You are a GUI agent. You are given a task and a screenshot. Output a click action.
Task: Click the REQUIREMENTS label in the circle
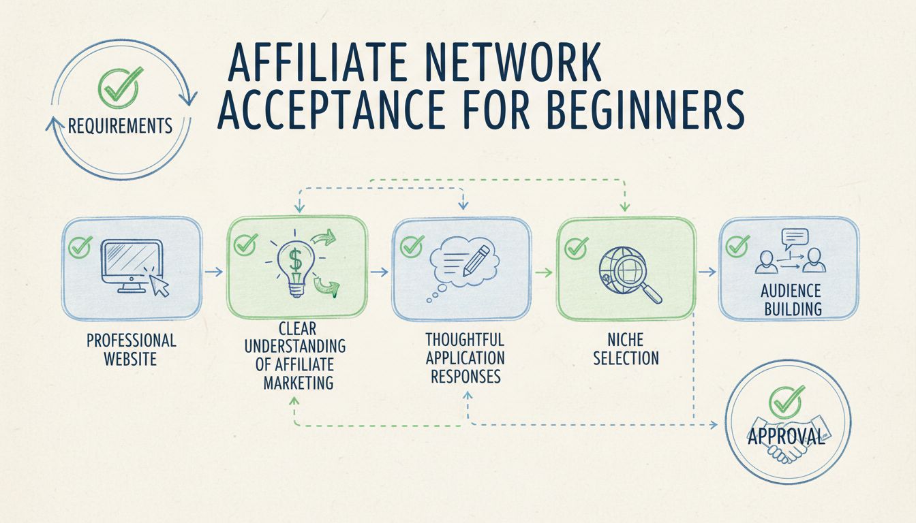120,125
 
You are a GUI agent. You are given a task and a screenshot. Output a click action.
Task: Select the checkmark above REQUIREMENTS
120,85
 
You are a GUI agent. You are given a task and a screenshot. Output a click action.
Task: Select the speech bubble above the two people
795,238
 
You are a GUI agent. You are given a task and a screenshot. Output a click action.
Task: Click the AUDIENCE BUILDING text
791,300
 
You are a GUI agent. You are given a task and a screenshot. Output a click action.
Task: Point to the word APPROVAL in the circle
786,437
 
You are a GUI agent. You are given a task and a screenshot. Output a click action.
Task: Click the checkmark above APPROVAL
787,401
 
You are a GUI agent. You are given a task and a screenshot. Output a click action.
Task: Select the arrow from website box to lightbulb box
214,272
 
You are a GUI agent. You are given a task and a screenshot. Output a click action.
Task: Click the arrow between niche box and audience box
707,272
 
